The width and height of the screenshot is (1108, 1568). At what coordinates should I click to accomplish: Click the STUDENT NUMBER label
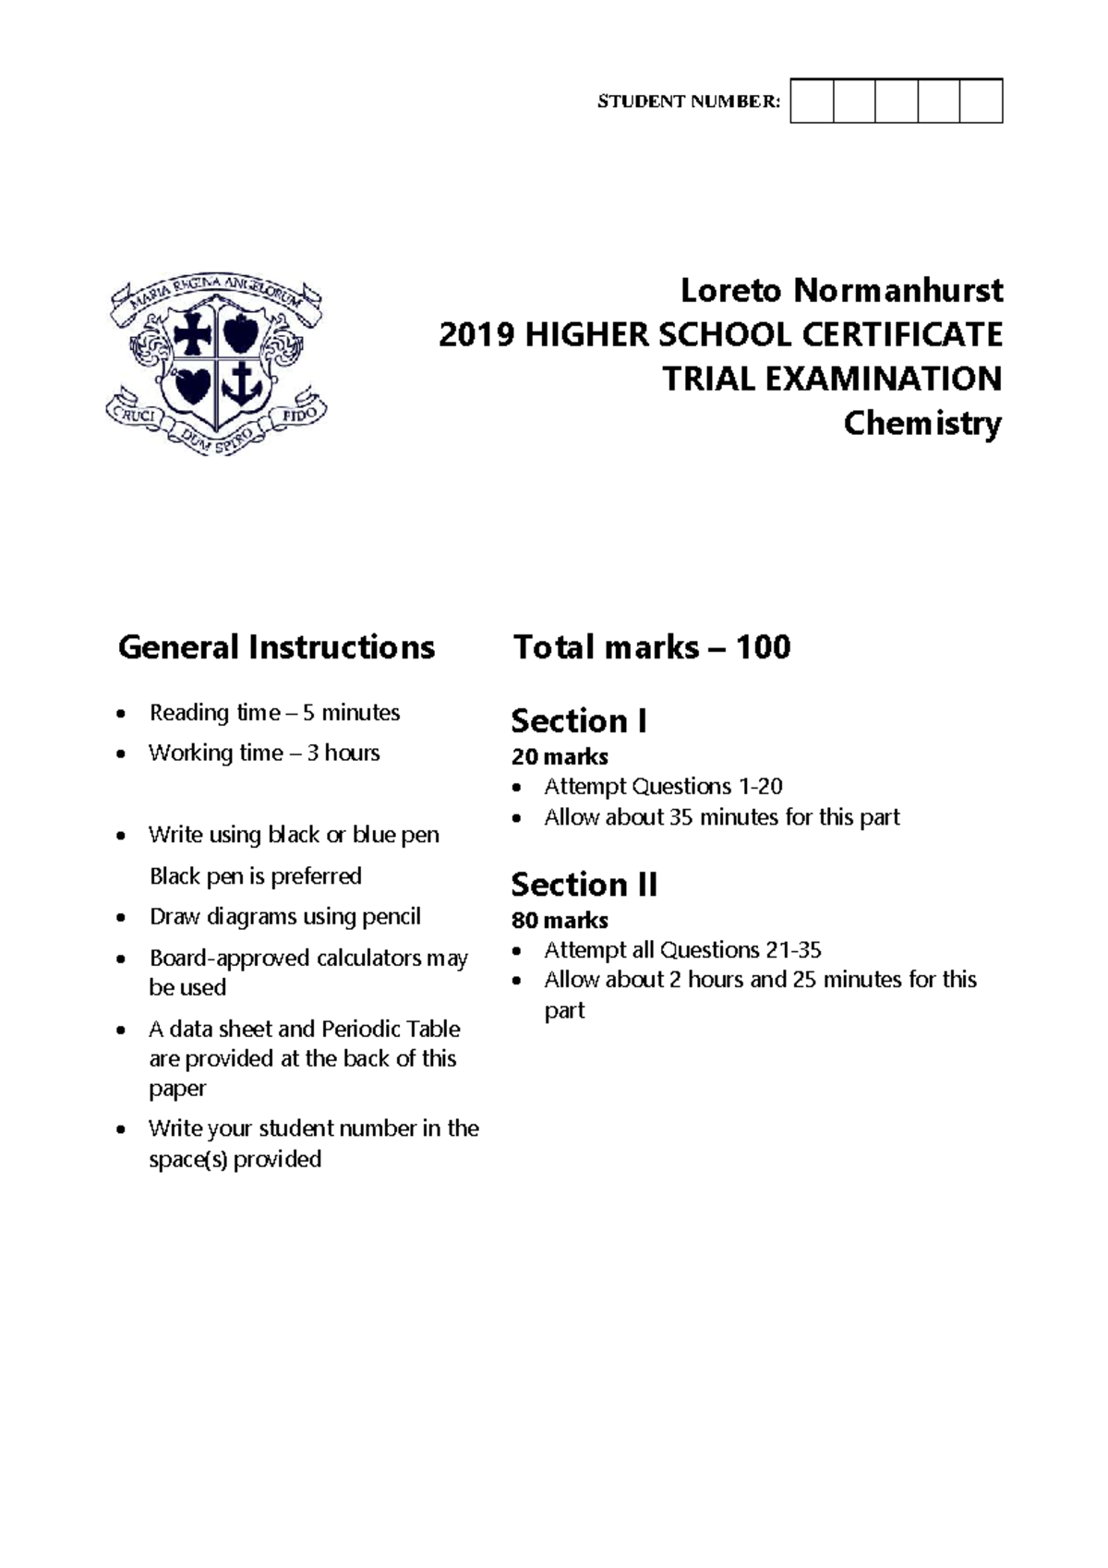(689, 102)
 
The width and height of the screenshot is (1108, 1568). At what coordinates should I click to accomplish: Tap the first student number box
(812, 102)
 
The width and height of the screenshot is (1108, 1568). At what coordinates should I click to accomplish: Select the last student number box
(982, 102)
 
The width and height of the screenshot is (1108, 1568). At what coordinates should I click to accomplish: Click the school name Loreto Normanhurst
(841, 291)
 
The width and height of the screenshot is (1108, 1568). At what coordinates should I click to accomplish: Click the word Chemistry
(922, 424)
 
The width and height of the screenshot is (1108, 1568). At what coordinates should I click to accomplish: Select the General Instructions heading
(276, 647)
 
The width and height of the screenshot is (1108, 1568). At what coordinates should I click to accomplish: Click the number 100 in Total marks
(764, 647)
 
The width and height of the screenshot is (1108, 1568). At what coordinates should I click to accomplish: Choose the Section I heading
(579, 721)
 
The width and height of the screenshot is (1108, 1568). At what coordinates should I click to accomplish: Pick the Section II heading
(584, 885)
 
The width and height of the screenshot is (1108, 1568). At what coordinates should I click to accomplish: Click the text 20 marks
(560, 757)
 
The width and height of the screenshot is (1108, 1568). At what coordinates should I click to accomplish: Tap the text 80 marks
(560, 921)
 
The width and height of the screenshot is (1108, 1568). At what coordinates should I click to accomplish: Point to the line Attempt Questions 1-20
(663, 787)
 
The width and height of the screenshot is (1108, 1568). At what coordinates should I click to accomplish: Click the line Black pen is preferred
(256, 876)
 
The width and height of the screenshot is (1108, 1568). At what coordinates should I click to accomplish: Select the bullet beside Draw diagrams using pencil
(121, 919)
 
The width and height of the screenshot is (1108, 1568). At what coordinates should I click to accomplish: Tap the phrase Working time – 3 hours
(264, 754)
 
